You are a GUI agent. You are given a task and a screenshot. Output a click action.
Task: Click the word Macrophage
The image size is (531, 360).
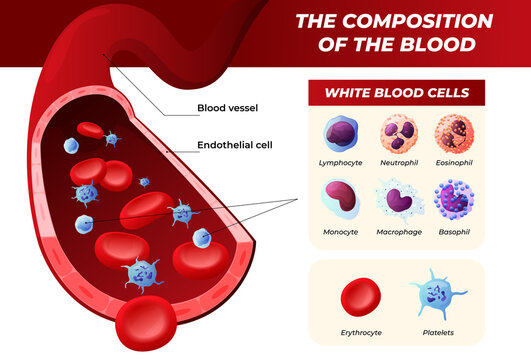click(x=397, y=231)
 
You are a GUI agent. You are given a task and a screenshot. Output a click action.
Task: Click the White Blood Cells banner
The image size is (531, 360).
click(x=396, y=93)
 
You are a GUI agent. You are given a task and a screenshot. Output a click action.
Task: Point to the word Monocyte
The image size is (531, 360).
click(x=341, y=231)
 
